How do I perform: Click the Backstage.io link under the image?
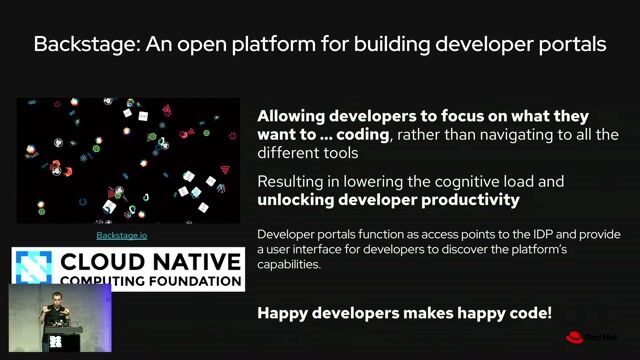click(122, 235)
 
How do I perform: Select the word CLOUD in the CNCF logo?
click(95, 262)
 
